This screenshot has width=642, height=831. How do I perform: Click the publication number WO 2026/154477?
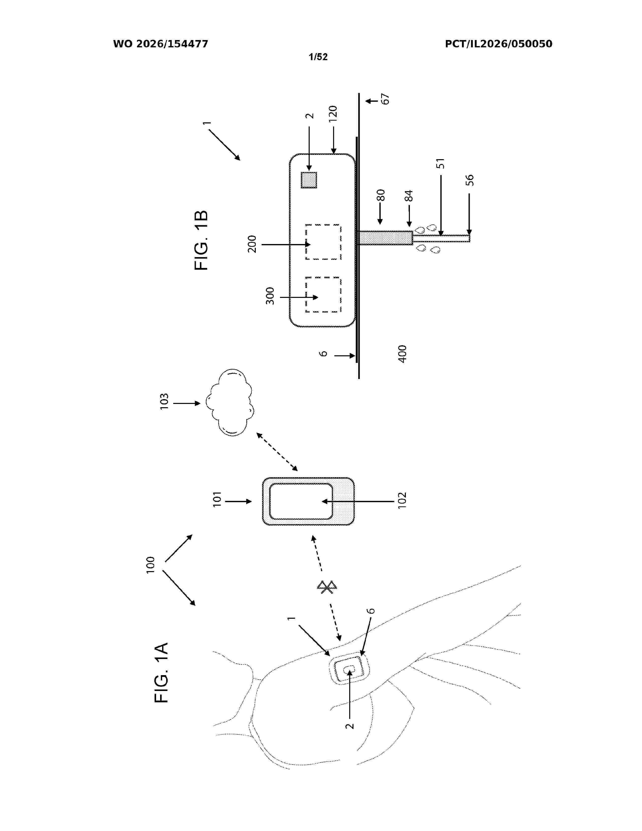[161, 44]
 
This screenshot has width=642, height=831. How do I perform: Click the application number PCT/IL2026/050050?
[498, 44]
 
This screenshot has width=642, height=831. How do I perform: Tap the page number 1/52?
[318, 57]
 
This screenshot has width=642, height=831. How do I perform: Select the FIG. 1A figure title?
[162, 672]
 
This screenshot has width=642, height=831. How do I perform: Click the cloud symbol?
[230, 402]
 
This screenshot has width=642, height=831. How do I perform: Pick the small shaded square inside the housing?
[309, 180]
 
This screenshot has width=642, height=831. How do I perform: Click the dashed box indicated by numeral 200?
[323, 242]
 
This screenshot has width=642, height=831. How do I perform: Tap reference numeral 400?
[402, 354]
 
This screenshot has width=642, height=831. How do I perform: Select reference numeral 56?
[470, 180]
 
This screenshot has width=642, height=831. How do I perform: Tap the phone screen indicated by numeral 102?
[301, 501]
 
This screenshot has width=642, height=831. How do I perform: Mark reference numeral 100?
[151, 565]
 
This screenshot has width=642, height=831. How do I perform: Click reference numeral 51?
[440, 164]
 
